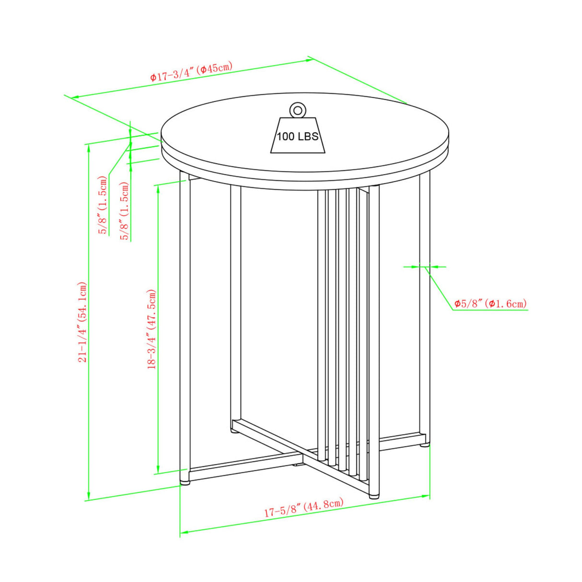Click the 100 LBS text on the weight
(298, 137)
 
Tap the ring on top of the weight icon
(297, 109)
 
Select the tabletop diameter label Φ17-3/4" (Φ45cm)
(191, 71)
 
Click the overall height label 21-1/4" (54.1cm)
(82, 322)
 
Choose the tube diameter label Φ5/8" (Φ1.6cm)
(491, 303)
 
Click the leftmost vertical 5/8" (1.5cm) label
(104, 205)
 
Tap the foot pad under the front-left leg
(185, 491)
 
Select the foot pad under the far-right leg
(424, 453)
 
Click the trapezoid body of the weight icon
(298, 135)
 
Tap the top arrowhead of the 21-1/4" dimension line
(89, 148)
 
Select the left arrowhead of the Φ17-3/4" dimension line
(74, 97)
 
